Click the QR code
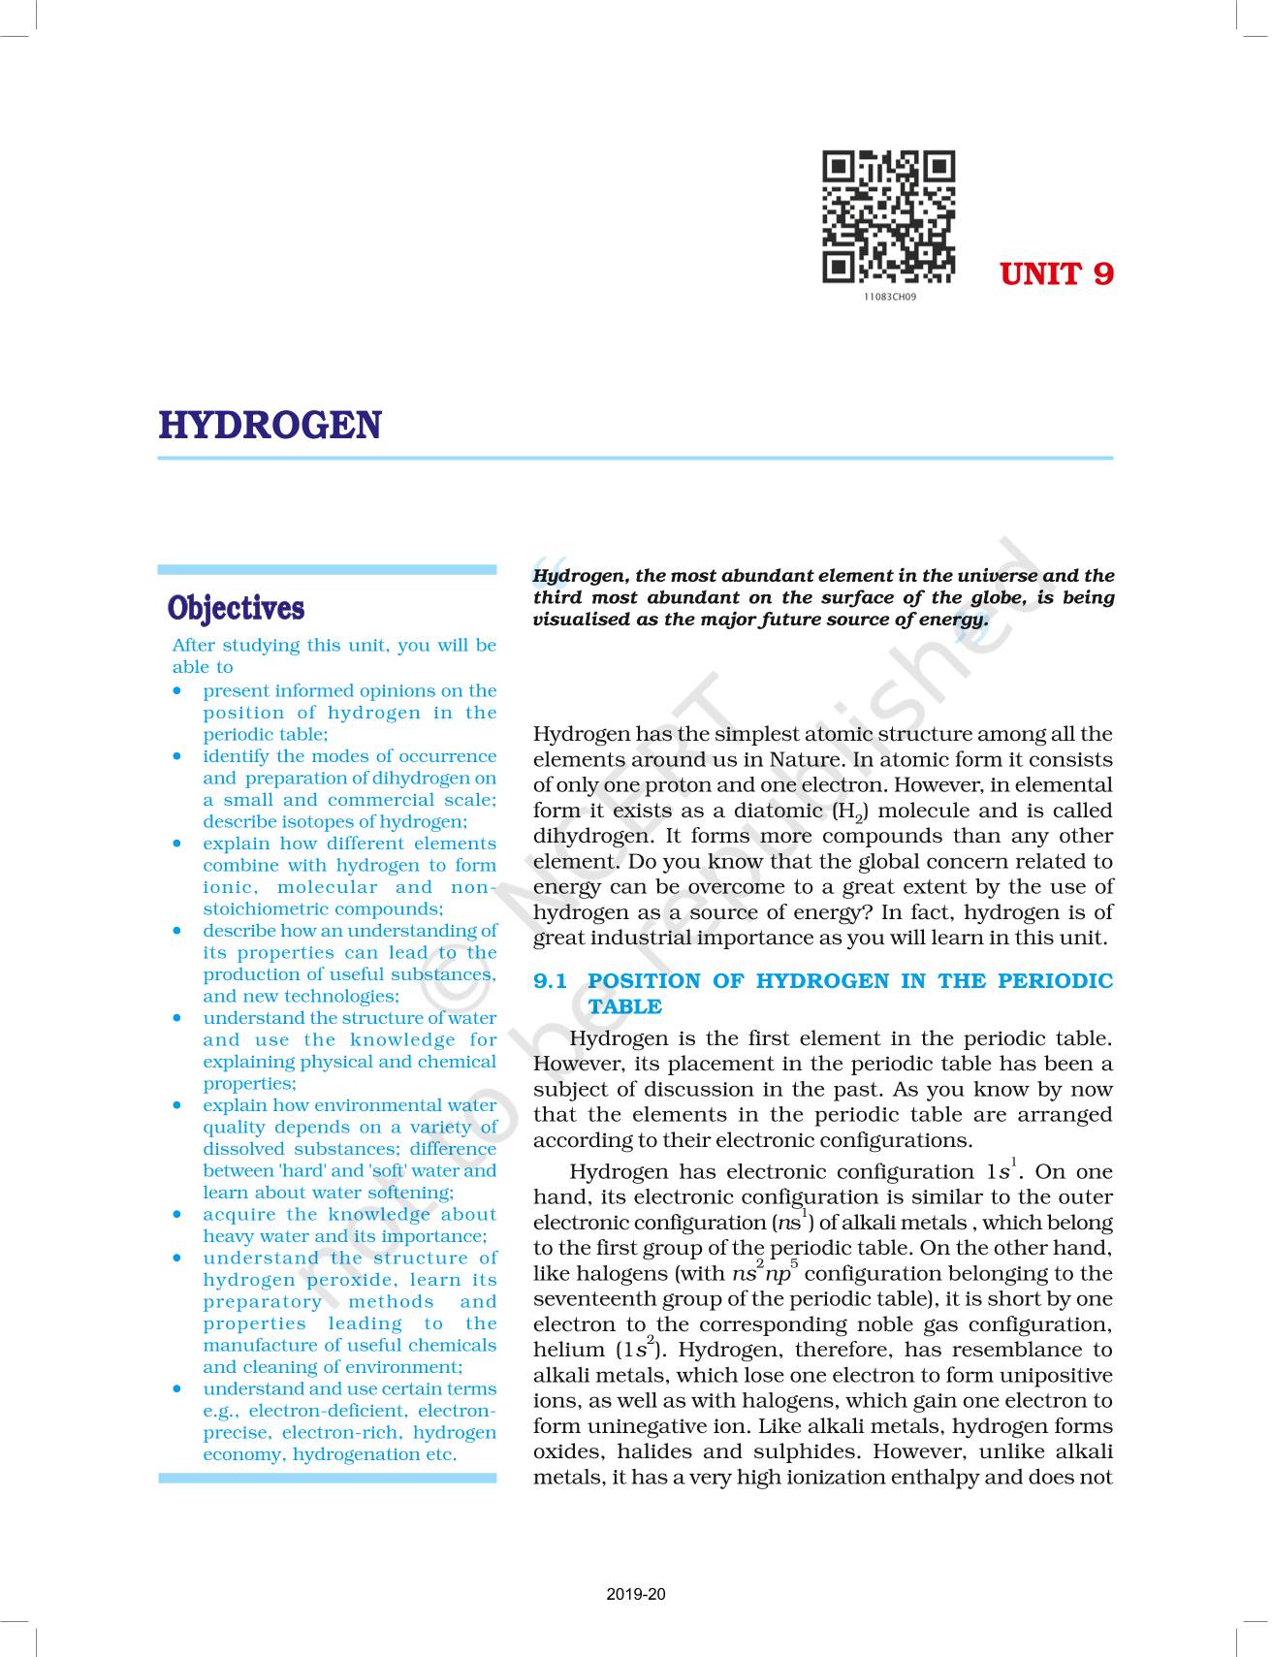(888, 216)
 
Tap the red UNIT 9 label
(1056, 274)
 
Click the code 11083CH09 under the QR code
(888, 297)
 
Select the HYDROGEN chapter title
(270, 426)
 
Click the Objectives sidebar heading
(236, 608)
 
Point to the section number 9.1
(550, 981)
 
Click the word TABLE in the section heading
(625, 1006)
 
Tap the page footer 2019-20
(636, 1594)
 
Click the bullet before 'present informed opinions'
(176, 691)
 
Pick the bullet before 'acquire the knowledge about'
(176, 1215)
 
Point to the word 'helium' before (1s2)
(568, 1350)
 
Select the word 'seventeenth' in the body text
(597, 1299)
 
